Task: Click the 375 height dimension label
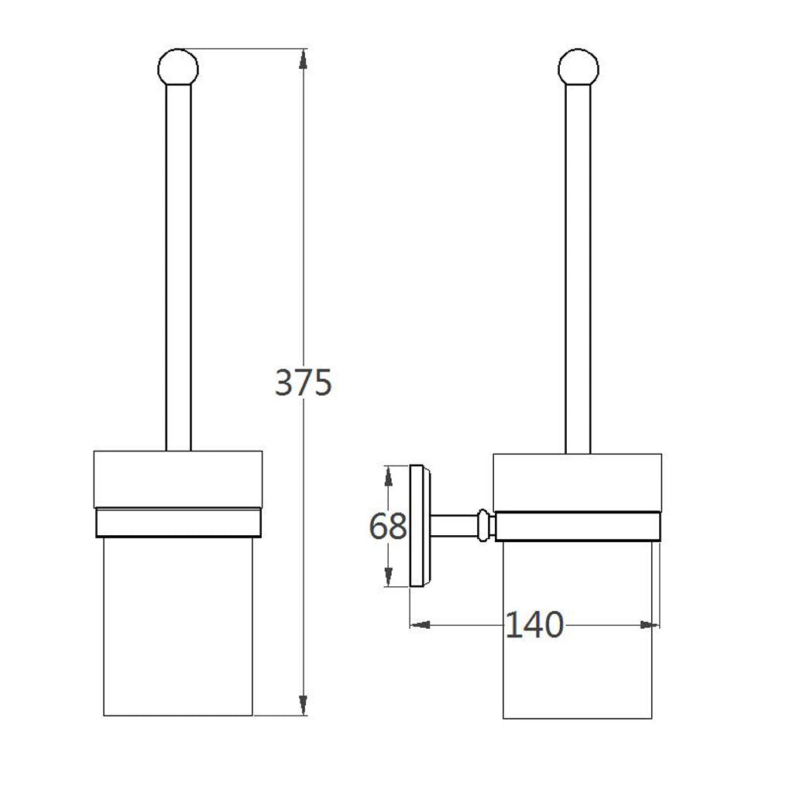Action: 304,382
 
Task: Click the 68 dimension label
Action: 388,526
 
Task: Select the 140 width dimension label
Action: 534,625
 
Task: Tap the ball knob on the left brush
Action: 178,68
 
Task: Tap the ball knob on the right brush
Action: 578,68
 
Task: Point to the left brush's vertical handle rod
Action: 179,267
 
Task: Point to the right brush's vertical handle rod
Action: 578,269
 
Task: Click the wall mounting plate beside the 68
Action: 419,526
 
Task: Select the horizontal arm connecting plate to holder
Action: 454,526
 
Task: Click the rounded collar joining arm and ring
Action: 484,526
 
